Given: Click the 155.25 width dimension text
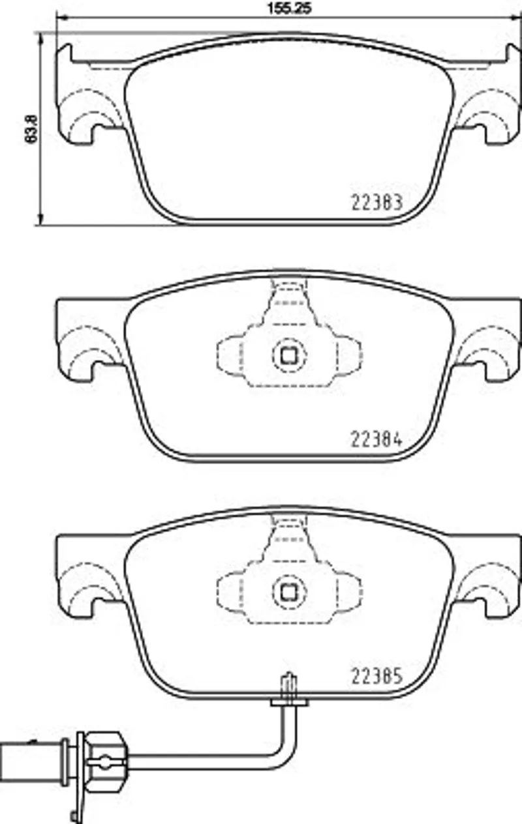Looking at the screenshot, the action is coord(289,8).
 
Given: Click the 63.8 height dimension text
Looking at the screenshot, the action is coord(31,129).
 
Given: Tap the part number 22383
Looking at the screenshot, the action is coord(377,202).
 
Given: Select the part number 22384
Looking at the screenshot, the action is coord(377,439).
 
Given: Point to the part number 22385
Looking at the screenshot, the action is coord(377,676).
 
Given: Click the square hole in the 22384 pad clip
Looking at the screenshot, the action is coord(289,355).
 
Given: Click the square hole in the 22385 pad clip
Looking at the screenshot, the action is coord(289,592).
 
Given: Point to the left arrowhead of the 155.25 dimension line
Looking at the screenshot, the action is coord(61,17).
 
